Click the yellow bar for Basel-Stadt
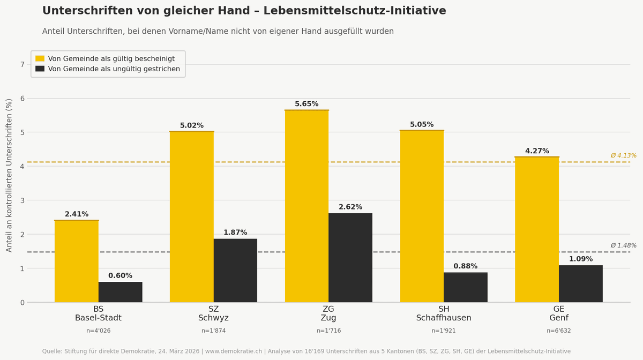[77, 261]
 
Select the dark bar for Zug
[350, 258]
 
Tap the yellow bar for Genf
[537, 229]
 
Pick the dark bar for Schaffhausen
[466, 287]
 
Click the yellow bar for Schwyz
[192, 217]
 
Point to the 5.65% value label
[306, 104]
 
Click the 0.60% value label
[120, 276]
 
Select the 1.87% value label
[235, 232]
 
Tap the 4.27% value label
[537, 151]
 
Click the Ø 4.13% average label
[623, 156]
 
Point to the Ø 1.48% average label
[623, 246]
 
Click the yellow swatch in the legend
[40, 58]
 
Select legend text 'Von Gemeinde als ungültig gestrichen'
[114, 69]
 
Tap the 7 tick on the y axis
[23, 64]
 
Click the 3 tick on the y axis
[23, 200]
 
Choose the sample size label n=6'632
[558, 331]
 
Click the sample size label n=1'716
[328, 331]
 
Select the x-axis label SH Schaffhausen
[444, 313]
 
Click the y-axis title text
[9, 175]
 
